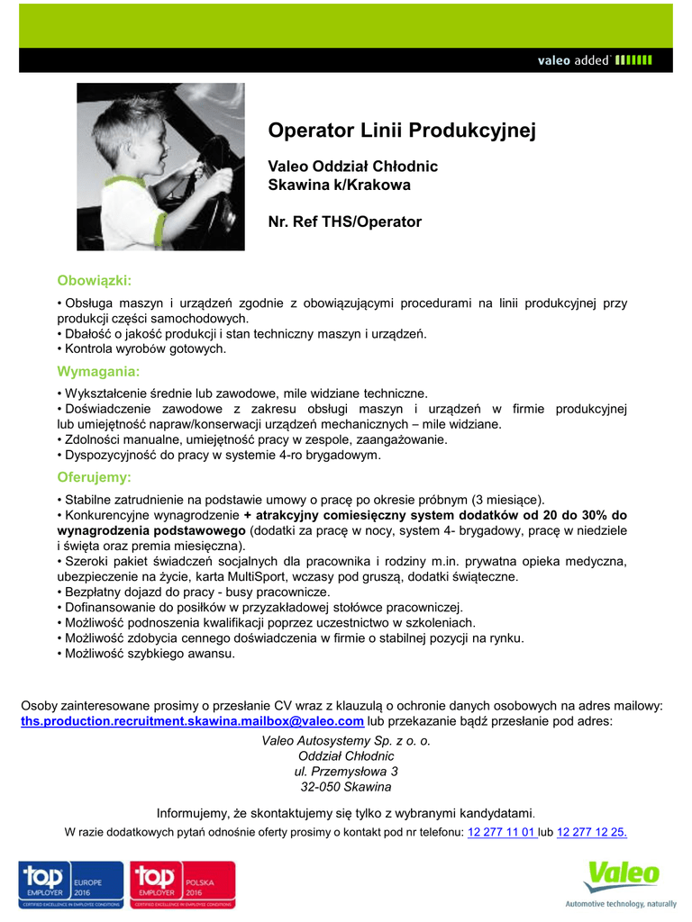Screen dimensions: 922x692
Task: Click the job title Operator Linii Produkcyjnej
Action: [402, 131]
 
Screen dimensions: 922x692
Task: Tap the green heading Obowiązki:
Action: [95, 280]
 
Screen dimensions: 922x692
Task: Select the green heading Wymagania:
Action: [98, 371]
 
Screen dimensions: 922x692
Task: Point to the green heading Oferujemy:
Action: [95, 477]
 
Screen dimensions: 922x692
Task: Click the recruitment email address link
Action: [193, 721]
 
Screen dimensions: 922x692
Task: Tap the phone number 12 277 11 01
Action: [502, 832]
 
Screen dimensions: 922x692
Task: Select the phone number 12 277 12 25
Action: [592, 832]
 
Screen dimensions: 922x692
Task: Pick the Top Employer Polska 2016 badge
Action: [183, 884]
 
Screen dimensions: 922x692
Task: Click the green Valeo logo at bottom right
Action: [623, 875]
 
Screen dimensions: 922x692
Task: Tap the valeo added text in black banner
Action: [574, 60]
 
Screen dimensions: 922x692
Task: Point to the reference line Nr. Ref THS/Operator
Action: [345, 221]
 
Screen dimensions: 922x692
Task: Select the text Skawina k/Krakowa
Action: [340, 185]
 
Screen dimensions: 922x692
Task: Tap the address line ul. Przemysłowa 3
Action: [346, 772]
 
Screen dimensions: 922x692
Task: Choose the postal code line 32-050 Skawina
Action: [346, 787]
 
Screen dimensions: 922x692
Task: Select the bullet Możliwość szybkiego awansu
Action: [149, 654]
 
